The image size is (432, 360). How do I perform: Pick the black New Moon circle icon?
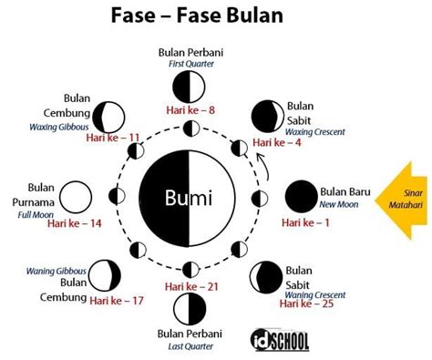[x=301, y=197]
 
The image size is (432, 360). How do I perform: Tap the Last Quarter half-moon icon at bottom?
[x=189, y=304]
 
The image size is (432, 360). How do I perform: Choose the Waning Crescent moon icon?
[x=267, y=276]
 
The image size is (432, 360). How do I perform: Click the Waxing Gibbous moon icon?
[x=111, y=116]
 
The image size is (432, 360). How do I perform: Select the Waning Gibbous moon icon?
[x=111, y=277]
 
